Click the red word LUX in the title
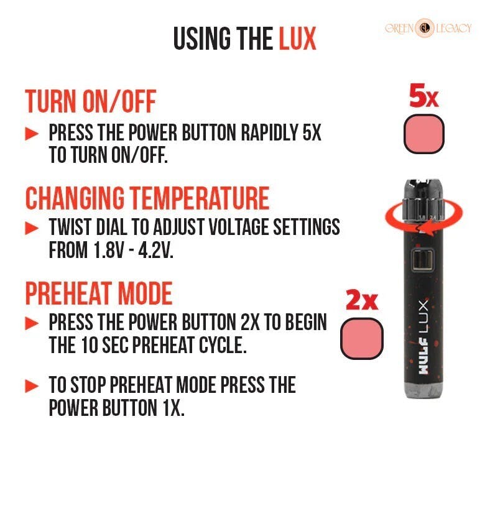click(x=297, y=39)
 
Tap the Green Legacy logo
click(x=428, y=28)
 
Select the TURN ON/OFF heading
click(x=91, y=101)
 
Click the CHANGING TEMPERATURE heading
click(x=147, y=198)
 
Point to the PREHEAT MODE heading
click(x=99, y=293)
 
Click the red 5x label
click(x=424, y=96)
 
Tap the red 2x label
click(x=362, y=299)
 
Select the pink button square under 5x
click(x=424, y=134)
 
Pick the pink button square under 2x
click(x=362, y=338)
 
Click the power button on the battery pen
click(x=422, y=260)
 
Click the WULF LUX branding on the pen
click(x=423, y=337)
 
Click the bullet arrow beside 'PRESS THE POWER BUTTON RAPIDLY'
click(x=32, y=134)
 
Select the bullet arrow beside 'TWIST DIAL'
click(x=32, y=228)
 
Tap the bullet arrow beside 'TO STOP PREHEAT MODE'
click(x=32, y=385)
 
